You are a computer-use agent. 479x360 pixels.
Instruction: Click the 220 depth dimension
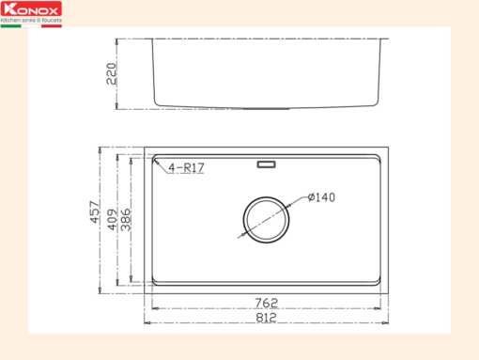pos(111,74)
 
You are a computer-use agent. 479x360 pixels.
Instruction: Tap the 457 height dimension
pos(95,212)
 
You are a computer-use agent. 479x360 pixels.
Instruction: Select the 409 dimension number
pos(112,219)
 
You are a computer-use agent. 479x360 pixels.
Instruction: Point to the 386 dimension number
pos(126,219)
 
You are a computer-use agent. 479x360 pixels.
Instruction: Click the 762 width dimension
pos(266,303)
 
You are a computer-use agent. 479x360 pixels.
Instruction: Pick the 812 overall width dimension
pos(266,318)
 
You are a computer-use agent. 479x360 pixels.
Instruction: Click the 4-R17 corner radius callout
pos(186,167)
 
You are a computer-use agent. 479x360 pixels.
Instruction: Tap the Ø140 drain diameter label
pos(321,197)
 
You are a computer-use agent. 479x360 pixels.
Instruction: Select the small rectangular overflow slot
pos(266,164)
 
